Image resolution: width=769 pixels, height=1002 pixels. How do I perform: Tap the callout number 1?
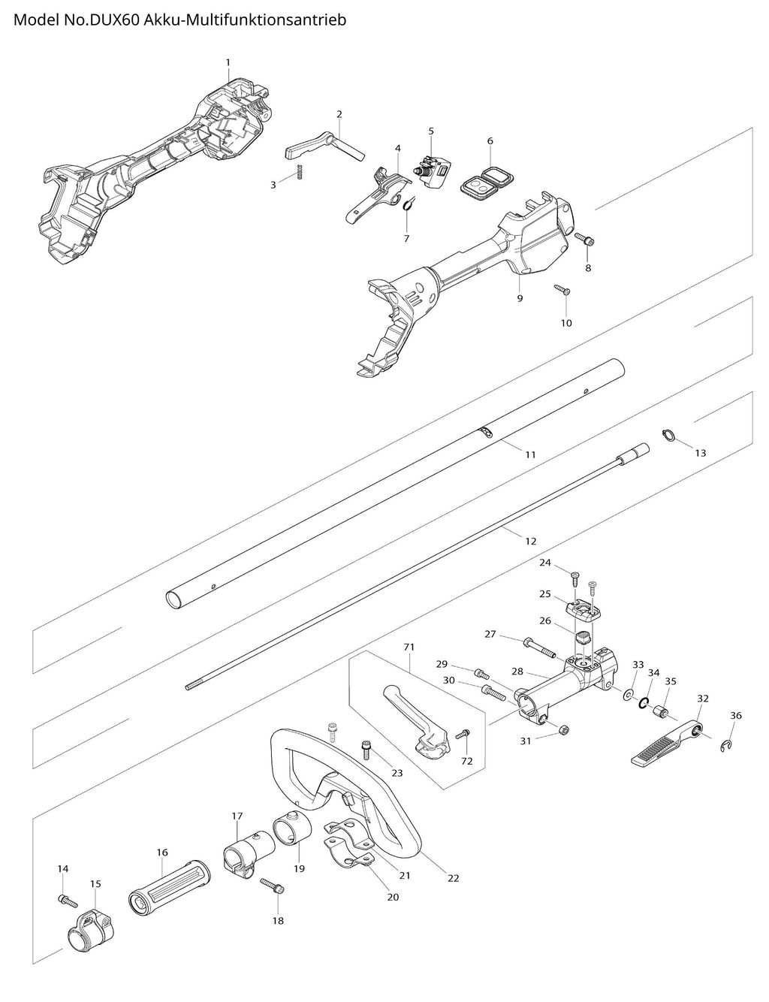[x=228, y=62]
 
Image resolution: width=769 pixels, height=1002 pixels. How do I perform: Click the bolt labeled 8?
[x=585, y=240]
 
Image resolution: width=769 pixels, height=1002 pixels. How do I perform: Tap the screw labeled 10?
[x=562, y=289]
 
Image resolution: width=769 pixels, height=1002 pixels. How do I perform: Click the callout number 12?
[x=531, y=541]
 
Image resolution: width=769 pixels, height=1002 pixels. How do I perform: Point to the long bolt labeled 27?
[x=538, y=644]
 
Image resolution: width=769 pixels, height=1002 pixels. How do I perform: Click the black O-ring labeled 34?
[x=644, y=702]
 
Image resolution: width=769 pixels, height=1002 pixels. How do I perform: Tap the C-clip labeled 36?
[x=726, y=744]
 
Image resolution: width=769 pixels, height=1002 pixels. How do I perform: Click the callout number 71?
[x=409, y=646]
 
